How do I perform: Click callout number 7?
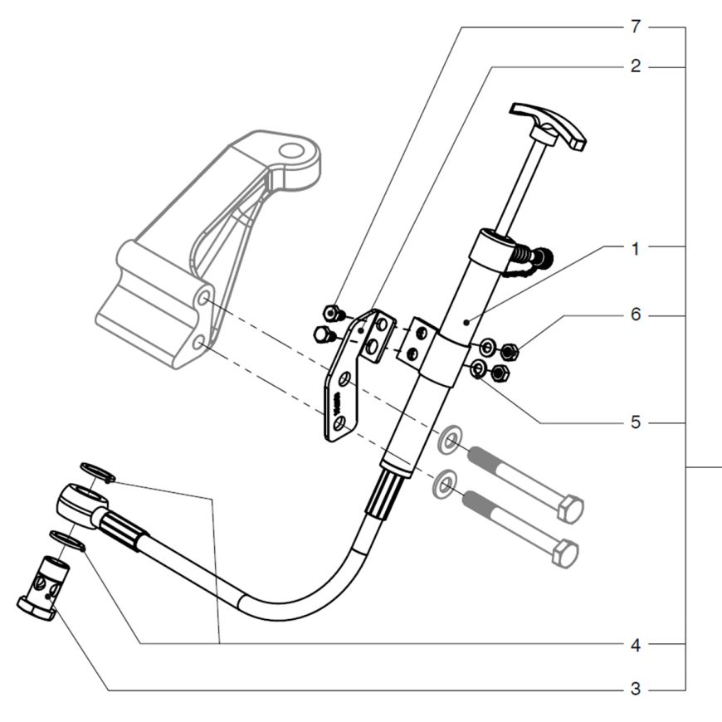636,27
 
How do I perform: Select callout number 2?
636,66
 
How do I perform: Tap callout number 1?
636,249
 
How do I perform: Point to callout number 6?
636,315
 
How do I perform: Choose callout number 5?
636,422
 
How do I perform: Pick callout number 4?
636,646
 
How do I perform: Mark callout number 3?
636,690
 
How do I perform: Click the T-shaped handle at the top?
548,124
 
